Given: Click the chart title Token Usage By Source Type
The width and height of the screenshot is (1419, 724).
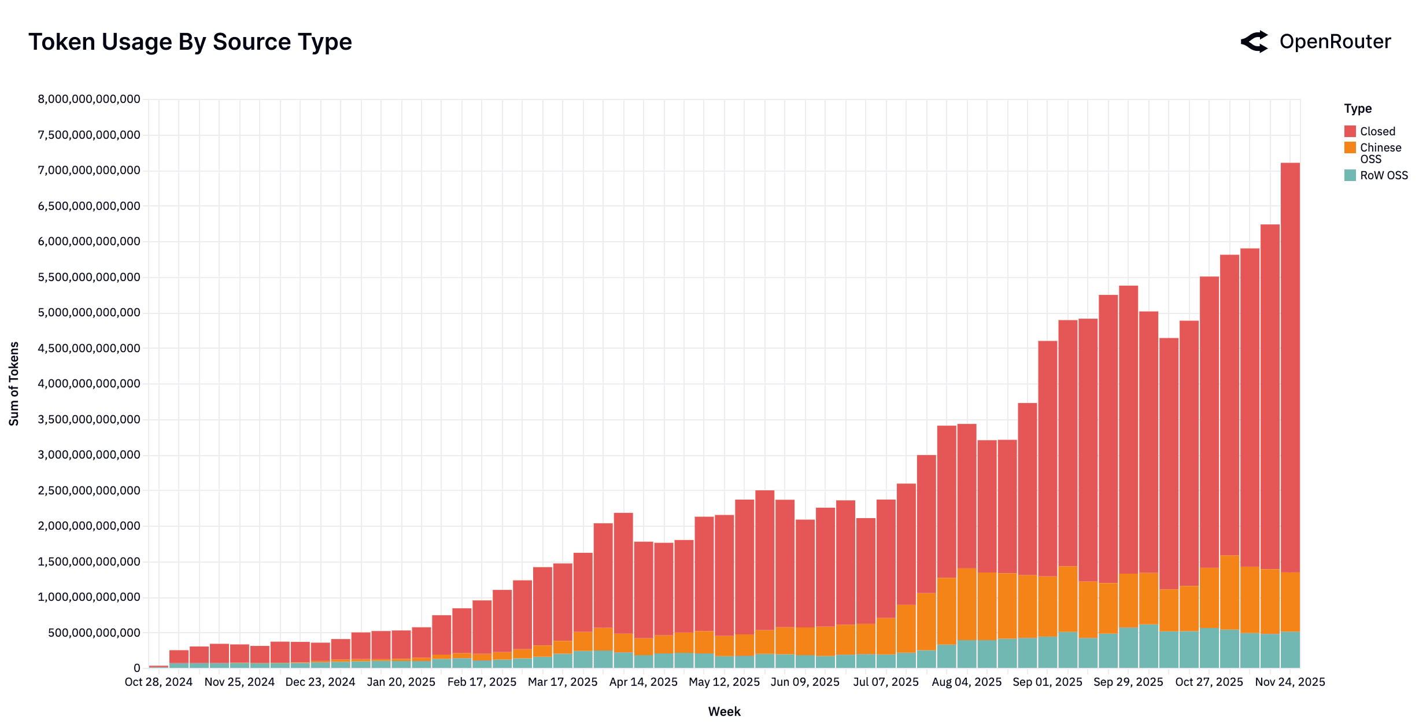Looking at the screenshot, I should pyautogui.click(x=190, y=42).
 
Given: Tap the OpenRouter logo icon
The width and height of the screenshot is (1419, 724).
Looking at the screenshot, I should pyautogui.click(x=1254, y=42).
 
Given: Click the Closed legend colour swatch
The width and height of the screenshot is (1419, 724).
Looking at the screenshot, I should pyautogui.click(x=1350, y=131).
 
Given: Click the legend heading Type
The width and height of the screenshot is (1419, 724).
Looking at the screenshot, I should pyautogui.click(x=1357, y=109).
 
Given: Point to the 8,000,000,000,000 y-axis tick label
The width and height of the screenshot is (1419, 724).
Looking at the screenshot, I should pyautogui.click(x=89, y=99).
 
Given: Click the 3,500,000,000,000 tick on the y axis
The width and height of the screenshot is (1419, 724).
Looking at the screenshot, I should pyautogui.click(x=89, y=419).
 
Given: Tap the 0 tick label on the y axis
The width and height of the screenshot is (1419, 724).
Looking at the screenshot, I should pyautogui.click(x=136, y=668).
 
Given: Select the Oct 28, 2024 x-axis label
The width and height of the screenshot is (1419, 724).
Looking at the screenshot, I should pyautogui.click(x=158, y=682).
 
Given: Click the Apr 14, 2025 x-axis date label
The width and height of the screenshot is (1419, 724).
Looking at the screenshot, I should pyautogui.click(x=643, y=682).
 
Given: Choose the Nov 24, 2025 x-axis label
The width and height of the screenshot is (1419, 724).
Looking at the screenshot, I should pyautogui.click(x=1289, y=682).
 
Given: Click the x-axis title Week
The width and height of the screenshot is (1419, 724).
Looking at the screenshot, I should pyautogui.click(x=724, y=711).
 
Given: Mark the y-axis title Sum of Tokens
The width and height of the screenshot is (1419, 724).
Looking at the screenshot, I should pyautogui.click(x=14, y=384).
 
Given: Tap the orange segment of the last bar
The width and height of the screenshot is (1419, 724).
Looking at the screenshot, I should pyautogui.click(x=1290, y=601).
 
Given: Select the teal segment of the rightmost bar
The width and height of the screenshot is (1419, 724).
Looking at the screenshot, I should pyautogui.click(x=1290, y=650).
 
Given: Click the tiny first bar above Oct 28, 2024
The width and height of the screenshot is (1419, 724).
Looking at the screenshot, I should pyautogui.click(x=158, y=667).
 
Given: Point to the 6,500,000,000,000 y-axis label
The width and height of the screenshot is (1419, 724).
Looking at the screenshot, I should pyautogui.click(x=89, y=206).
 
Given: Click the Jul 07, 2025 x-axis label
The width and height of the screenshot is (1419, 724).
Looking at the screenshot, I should pyautogui.click(x=885, y=682).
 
